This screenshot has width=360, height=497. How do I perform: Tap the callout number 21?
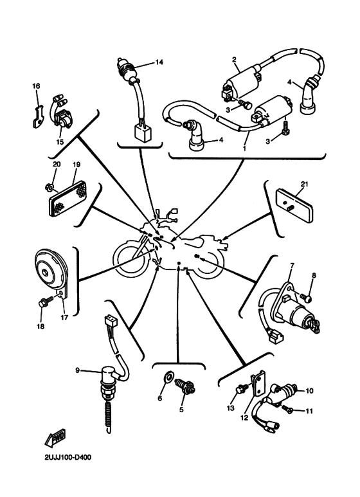[305, 184]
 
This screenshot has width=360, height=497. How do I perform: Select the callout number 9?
[77, 370]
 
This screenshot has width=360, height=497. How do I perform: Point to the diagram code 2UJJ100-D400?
[68, 457]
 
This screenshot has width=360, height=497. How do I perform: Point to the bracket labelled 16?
[38, 116]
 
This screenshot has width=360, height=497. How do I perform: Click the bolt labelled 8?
[306, 297]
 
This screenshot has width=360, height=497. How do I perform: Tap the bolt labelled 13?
[242, 388]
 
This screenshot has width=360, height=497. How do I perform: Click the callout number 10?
[309, 390]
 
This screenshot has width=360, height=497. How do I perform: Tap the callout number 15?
[60, 141]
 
